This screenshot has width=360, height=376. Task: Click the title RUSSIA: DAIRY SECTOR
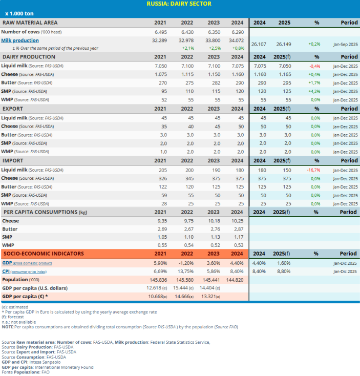click(179, 4)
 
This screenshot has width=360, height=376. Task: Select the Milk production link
click(20, 40)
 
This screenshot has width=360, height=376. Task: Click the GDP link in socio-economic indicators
click(7, 262)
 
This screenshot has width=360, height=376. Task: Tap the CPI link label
click(6, 271)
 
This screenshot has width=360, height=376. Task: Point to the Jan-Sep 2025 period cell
click(346, 45)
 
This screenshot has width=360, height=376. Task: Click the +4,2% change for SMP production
click(314, 92)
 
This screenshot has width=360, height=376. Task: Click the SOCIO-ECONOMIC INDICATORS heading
click(37, 254)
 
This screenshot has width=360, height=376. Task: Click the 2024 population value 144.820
click(235, 280)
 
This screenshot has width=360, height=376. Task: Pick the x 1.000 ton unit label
click(19, 13)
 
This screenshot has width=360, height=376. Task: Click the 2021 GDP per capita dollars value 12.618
click(158, 288)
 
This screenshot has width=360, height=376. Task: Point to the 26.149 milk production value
click(284, 45)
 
